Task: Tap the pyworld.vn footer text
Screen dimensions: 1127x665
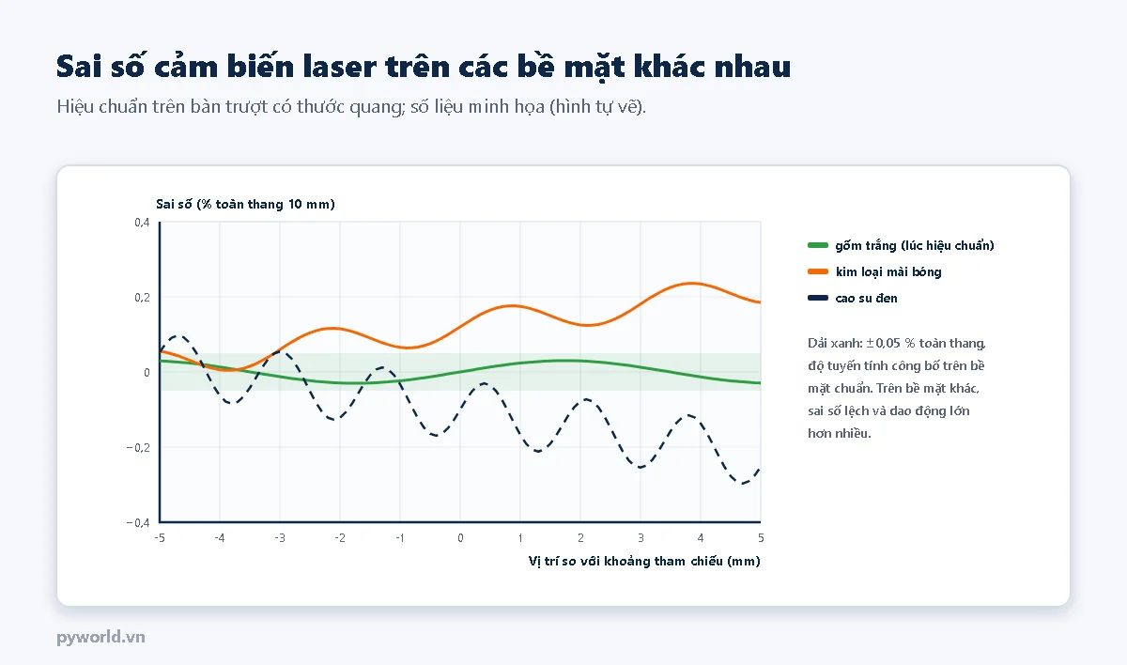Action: pos(100,638)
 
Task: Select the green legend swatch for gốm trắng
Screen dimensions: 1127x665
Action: pos(818,245)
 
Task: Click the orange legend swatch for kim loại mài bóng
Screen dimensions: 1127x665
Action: pos(818,271)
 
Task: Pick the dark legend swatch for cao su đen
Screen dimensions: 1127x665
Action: pos(818,298)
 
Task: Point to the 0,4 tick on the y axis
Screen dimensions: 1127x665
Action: pos(142,223)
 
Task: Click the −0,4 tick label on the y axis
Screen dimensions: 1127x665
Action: pos(138,522)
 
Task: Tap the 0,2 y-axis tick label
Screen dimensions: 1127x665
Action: pos(142,298)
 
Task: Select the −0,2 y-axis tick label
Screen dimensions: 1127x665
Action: pos(138,448)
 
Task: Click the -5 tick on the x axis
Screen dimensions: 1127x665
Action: pos(160,538)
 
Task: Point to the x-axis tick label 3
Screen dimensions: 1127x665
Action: pos(641,538)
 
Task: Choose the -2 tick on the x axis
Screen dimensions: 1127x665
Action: pos(340,538)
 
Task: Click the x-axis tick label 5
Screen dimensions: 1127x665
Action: pos(761,538)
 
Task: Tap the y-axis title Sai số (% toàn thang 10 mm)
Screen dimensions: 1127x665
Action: pos(245,204)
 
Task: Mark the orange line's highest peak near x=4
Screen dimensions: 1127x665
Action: pos(692,284)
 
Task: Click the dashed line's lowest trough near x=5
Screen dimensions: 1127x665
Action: pos(742,484)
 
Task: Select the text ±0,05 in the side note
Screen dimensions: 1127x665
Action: pos(883,343)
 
